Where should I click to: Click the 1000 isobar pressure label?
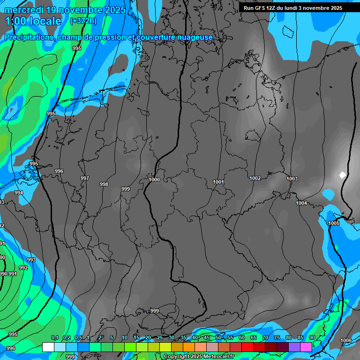coord(154,180)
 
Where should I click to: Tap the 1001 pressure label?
coord(218,182)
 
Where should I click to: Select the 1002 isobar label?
coord(255,178)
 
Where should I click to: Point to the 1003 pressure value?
coord(292,179)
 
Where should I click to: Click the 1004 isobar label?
coord(301,203)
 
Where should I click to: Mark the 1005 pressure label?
coord(334,224)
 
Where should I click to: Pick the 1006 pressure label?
coord(346,340)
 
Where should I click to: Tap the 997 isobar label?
coord(84,178)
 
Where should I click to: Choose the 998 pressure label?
coord(104,184)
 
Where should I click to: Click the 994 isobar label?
coord(19,193)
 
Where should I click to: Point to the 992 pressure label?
coord(23,268)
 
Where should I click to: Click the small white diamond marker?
coord(342,175)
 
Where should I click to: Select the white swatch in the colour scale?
coord(48,347)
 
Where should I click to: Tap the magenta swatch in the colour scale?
coord(306,347)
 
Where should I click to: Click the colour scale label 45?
coord(207,338)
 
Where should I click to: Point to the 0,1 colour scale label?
coord(54,338)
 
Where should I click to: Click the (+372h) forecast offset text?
coord(83,21)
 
